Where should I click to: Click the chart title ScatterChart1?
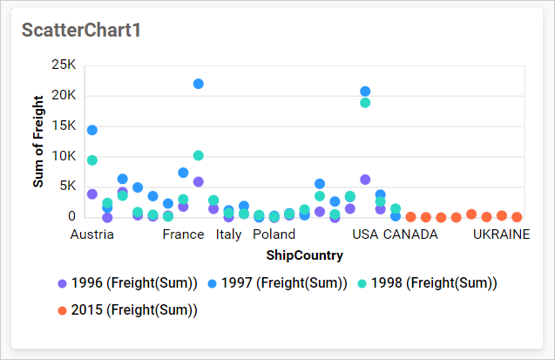(81, 30)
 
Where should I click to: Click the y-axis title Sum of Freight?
(38, 142)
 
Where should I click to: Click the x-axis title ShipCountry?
(304, 255)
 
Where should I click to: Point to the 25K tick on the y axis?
(64, 65)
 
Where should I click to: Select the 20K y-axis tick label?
(64, 95)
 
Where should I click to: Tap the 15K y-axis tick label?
(64, 126)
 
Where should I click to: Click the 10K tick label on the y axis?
(64, 156)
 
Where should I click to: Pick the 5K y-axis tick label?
(67, 187)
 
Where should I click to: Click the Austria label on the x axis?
(91, 234)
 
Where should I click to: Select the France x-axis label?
(183, 234)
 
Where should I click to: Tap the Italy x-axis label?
(228, 234)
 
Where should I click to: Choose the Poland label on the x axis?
(274, 234)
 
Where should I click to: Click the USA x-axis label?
(365, 234)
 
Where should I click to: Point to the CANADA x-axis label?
(410, 234)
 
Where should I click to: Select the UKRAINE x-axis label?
(501, 234)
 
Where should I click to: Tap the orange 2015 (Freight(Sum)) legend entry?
(127, 309)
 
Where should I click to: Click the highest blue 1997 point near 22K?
(198, 84)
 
